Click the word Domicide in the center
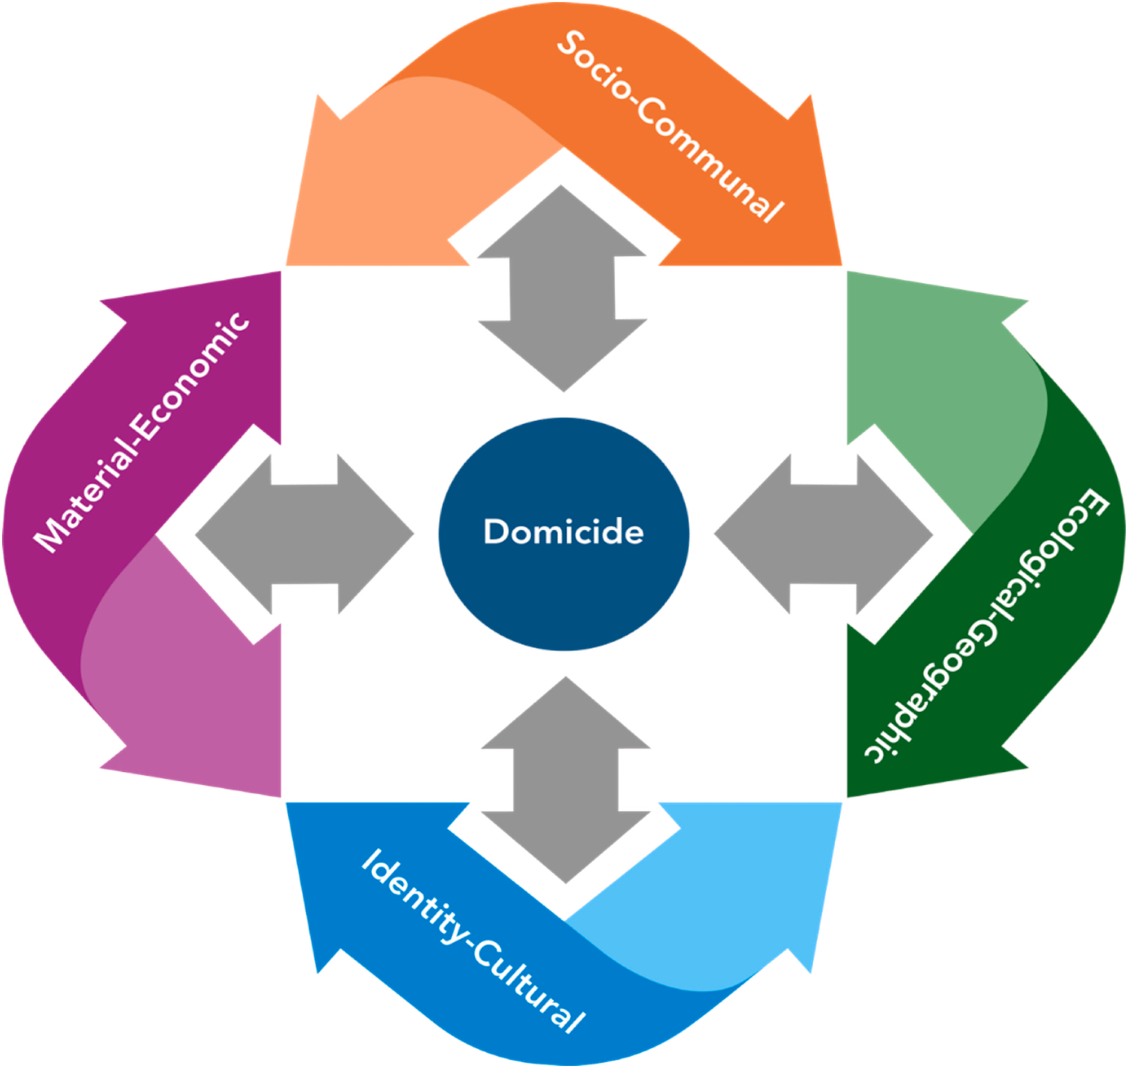coord(563,531)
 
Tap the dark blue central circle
coord(563,592)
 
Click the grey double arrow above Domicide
coord(562,288)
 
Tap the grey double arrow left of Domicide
coord(305,534)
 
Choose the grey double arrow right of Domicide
coord(823,534)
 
